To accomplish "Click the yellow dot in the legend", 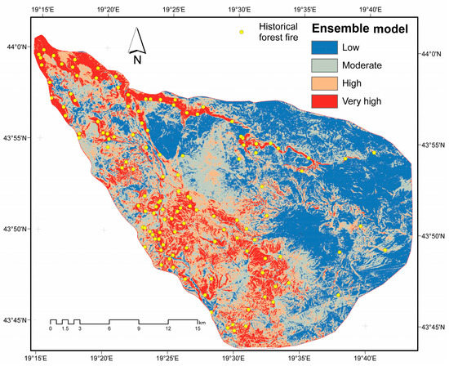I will tap(241, 33).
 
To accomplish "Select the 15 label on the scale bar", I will tap(197, 328).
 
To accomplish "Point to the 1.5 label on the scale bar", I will tap(64, 328).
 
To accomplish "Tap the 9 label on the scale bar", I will tap(139, 328).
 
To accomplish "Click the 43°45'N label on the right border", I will tap(432, 327).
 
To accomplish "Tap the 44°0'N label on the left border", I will tap(17, 47).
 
